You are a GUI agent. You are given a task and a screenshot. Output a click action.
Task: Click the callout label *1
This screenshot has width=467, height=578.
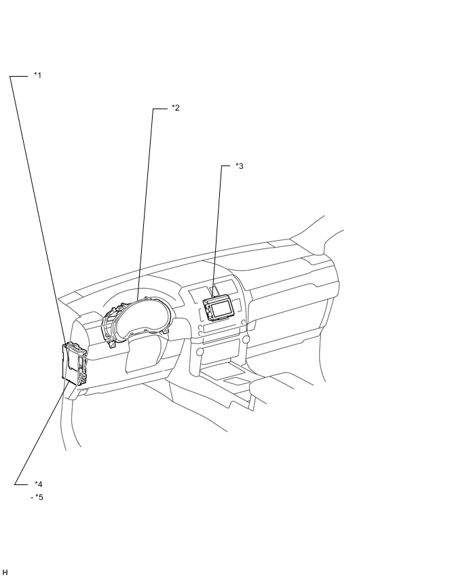point(37,75)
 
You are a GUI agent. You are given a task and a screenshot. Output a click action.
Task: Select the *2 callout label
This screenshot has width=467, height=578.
point(176,108)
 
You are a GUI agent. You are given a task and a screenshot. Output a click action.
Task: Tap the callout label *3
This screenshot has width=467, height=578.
point(240,166)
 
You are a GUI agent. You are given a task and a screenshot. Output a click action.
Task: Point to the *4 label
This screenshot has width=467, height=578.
point(39,484)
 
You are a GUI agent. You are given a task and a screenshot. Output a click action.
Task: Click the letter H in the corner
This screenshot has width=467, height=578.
point(5,572)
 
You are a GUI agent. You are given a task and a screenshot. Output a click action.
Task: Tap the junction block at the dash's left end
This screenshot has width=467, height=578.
point(75,364)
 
